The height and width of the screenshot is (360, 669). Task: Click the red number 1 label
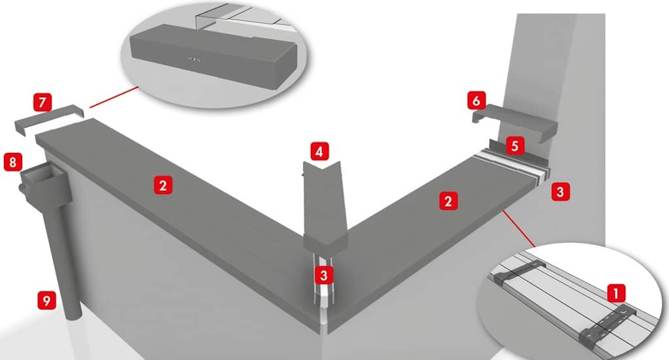(x=615, y=293)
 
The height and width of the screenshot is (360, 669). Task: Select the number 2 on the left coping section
(x=163, y=186)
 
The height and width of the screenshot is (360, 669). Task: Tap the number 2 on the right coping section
(x=448, y=201)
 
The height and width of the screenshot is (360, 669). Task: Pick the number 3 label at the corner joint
(x=323, y=275)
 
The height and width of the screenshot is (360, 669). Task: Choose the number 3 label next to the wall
(x=560, y=192)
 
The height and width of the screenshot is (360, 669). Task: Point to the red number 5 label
(x=515, y=146)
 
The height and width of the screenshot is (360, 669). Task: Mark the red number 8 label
(x=12, y=162)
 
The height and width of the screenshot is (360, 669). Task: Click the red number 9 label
(x=46, y=301)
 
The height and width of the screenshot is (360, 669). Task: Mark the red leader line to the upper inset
(x=114, y=97)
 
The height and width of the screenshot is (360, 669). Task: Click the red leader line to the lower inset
(x=519, y=228)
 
